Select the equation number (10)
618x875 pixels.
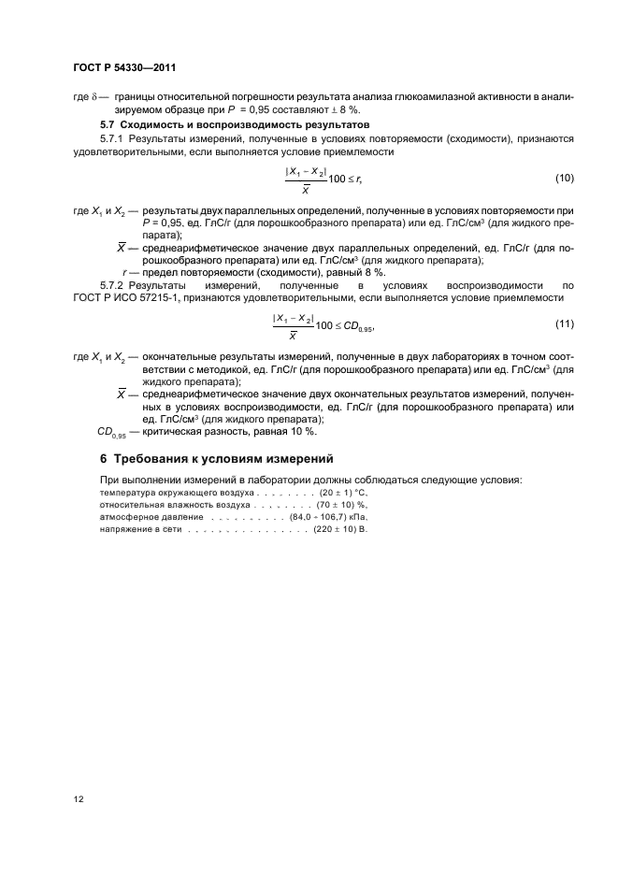tap(564, 178)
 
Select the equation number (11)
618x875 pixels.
tap(564, 323)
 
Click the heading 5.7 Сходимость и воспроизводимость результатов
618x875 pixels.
tap(223, 124)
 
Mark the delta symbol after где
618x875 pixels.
tap(95, 96)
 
